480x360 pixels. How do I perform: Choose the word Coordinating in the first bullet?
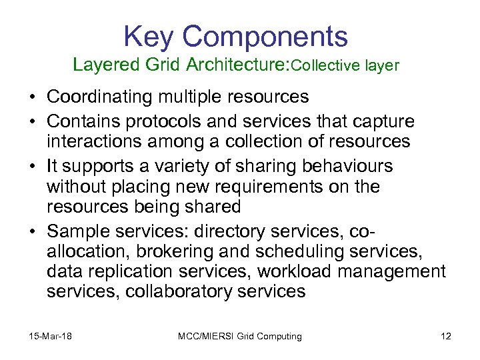(x=100, y=97)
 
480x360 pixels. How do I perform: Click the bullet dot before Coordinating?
(x=32, y=97)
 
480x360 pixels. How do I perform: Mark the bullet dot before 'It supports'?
(x=32, y=165)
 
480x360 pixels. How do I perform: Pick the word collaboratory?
(x=176, y=291)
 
